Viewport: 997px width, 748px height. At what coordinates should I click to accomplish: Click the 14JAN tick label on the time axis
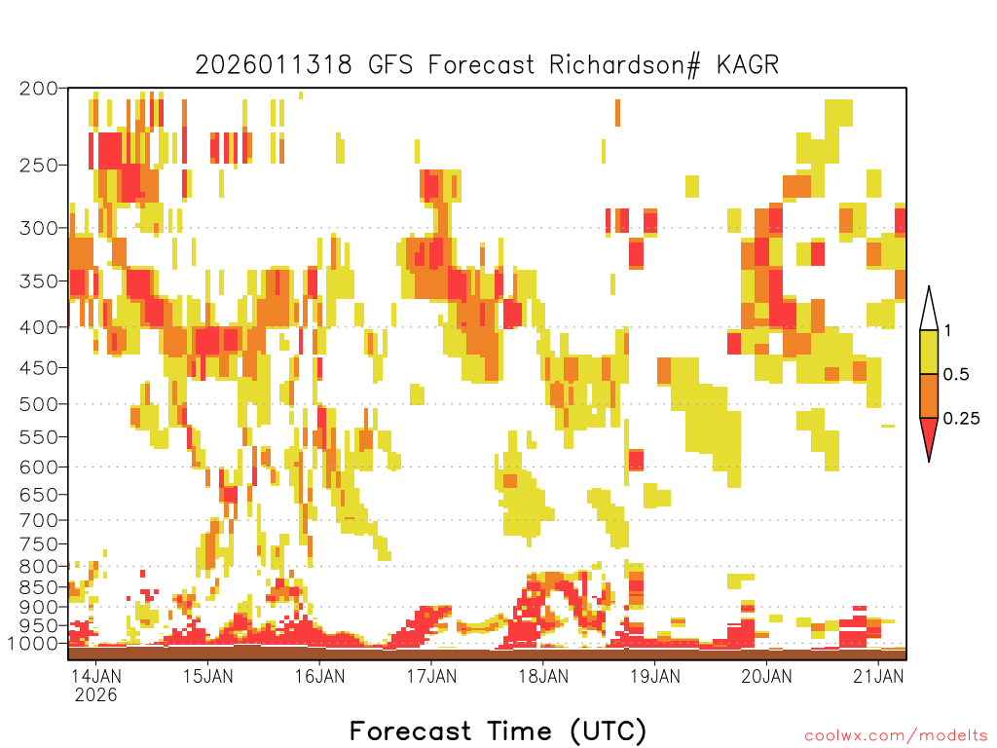click(x=95, y=676)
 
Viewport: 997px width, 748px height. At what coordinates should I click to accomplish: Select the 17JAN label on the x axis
click(x=431, y=676)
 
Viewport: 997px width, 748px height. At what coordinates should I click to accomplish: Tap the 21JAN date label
click(x=878, y=676)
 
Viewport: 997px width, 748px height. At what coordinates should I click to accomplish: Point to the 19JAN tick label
click(x=655, y=676)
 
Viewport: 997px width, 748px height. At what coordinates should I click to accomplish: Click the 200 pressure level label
click(x=39, y=89)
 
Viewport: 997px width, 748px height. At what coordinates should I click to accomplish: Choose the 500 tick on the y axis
click(x=39, y=404)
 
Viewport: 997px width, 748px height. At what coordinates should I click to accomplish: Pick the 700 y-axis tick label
click(x=39, y=520)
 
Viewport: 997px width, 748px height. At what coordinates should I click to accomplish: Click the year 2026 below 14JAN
click(x=96, y=695)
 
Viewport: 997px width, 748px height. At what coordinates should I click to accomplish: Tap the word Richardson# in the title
click(x=624, y=65)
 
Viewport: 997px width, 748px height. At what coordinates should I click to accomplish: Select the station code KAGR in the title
click(x=747, y=65)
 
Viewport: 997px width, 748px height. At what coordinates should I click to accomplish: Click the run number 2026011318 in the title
click(x=274, y=65)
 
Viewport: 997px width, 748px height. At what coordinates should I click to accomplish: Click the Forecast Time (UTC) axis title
click(x=498, y=730)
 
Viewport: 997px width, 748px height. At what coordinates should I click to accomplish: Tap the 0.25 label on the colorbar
click(x=961, y=418)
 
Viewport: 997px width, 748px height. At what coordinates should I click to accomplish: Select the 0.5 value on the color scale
click(x=956, y=374)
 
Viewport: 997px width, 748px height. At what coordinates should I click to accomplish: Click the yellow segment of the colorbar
click(x=929, y=352)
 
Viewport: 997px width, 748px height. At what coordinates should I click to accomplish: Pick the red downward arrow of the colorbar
click(x=929, y=433)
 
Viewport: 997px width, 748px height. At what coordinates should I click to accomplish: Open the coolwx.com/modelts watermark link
click(x=897, y=736)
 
